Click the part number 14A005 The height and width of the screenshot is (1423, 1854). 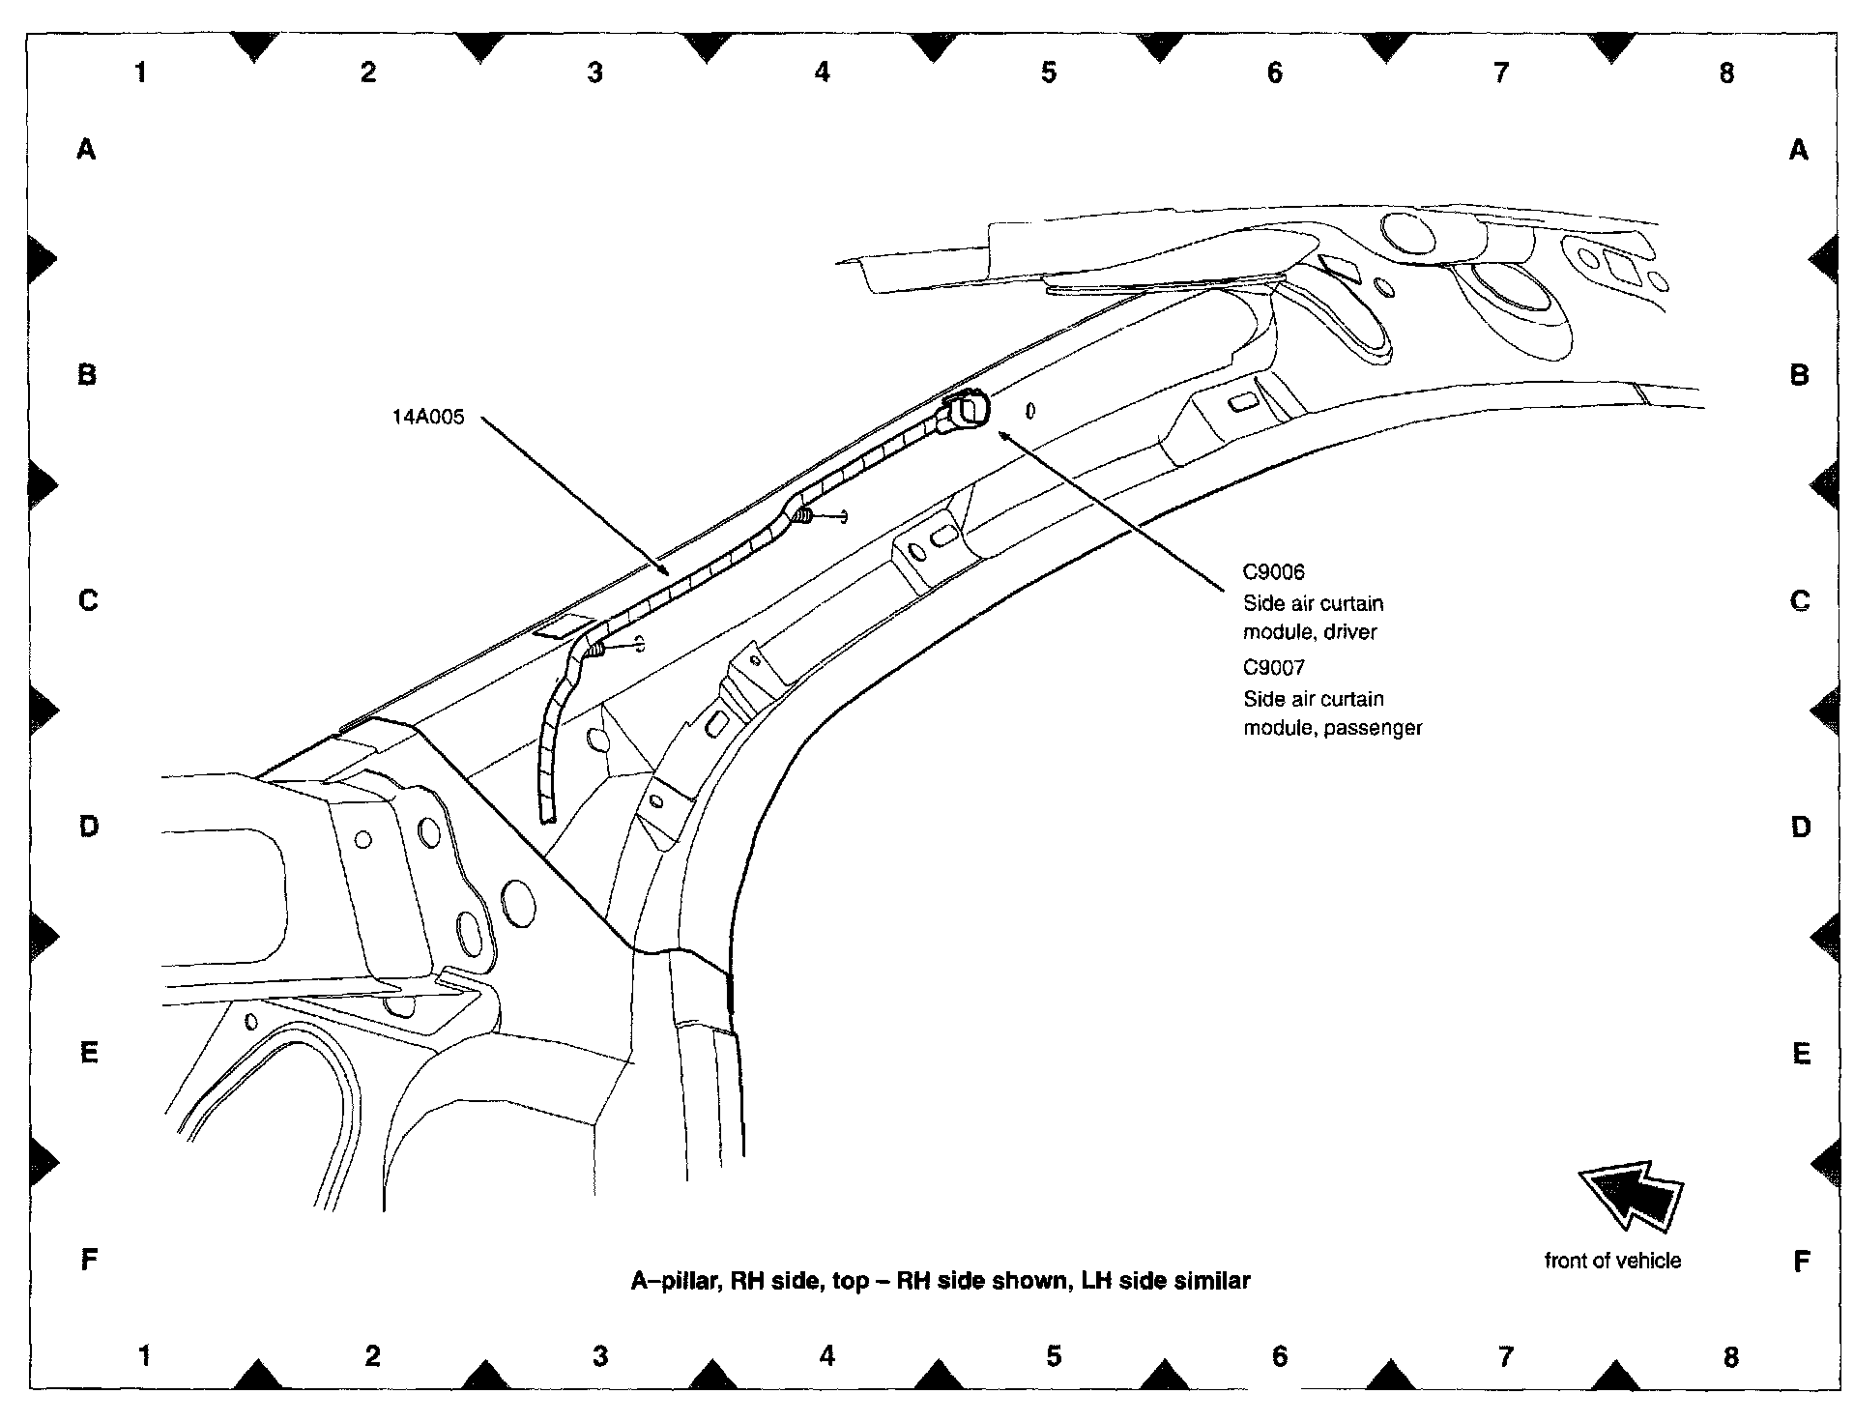point(427,418)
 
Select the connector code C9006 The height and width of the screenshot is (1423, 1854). point(1273,572)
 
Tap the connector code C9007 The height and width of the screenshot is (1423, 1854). point(1273,667)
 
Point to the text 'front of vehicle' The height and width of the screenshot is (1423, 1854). point(1612,1261)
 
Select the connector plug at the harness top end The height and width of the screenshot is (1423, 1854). point(968,411)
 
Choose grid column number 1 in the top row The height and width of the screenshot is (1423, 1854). point(141,73)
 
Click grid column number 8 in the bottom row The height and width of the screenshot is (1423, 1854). point(1730,1357)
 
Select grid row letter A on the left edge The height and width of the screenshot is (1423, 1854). point(87,149)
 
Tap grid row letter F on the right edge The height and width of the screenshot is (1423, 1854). point(1801,1261)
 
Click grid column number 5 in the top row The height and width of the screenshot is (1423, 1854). point(1049,73)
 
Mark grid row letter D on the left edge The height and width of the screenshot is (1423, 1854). point(88,827)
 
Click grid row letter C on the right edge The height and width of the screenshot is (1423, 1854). point(1800,601)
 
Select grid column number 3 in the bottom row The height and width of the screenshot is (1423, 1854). point(600,1357)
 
